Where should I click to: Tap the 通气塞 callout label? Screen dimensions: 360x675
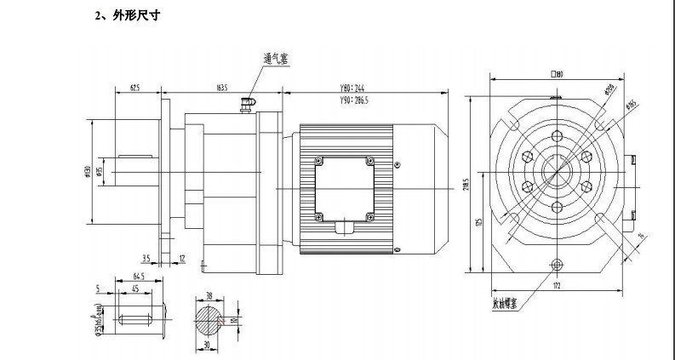277,59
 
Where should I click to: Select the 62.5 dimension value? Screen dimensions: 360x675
135,87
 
